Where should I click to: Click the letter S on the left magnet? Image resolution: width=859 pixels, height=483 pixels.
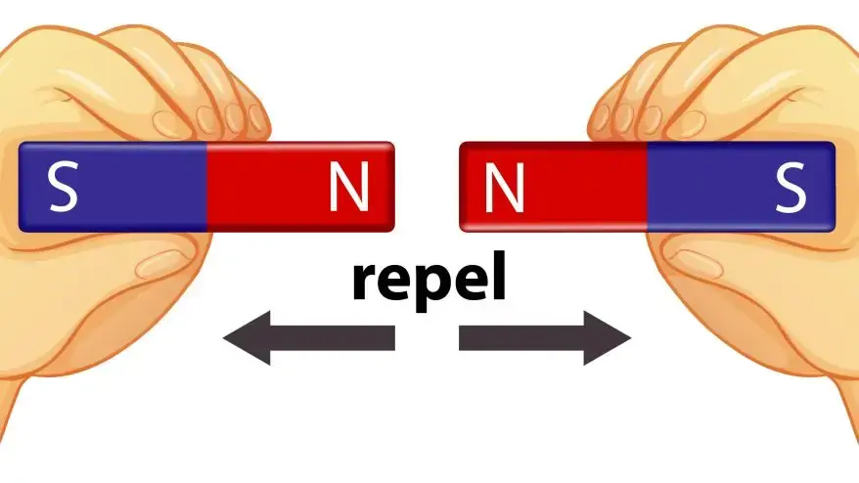coord(64,189)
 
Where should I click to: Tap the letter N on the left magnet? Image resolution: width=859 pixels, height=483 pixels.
coord(349,187)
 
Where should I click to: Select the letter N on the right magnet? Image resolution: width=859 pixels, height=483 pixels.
coord(505,187)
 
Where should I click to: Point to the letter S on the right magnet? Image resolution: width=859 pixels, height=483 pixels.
coord(790,189)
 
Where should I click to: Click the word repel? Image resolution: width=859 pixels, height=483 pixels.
coord(429,279)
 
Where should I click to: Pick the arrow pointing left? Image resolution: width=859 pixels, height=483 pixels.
coord(309,338)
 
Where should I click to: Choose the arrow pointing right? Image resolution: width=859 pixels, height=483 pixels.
coord(545,338)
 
